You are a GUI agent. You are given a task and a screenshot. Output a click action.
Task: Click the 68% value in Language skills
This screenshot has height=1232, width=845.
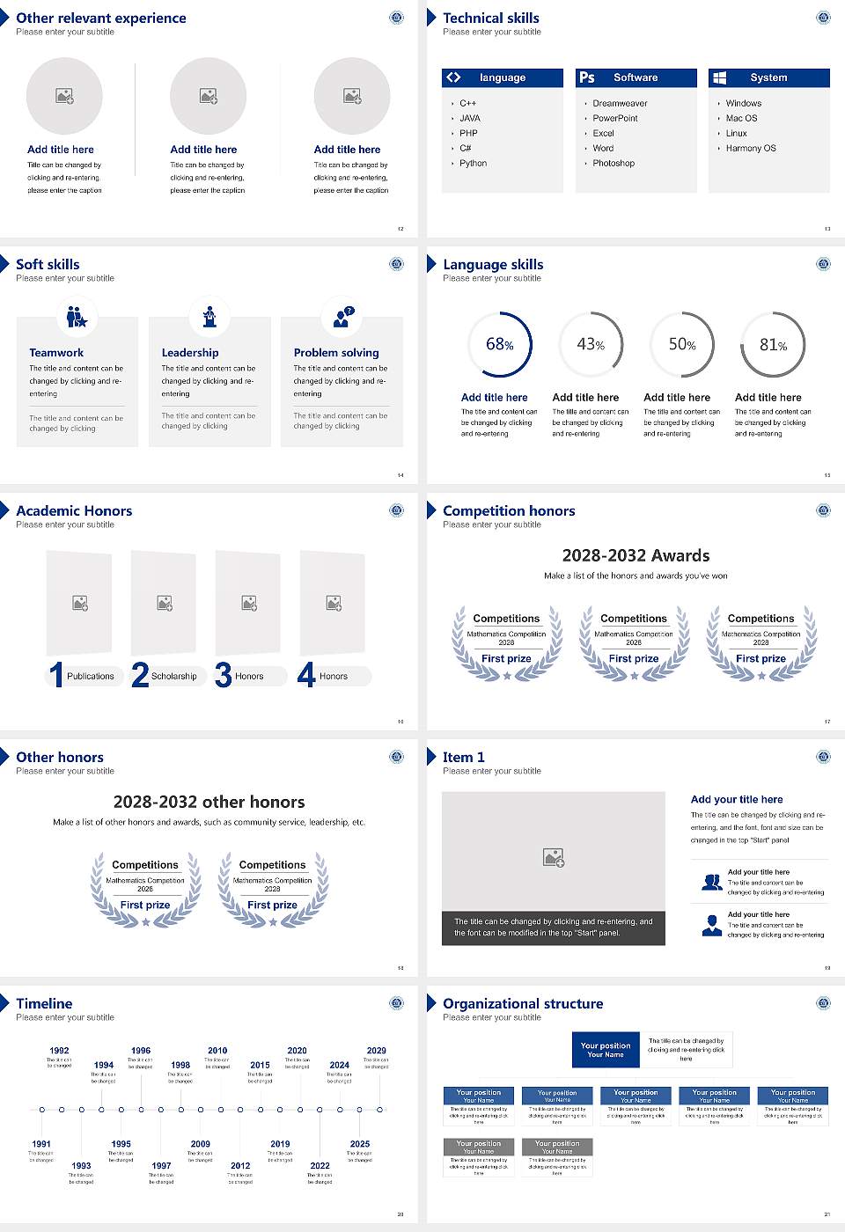499,344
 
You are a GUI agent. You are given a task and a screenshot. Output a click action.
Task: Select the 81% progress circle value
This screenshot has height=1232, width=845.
773,345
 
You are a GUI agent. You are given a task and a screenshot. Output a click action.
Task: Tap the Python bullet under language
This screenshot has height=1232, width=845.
473,163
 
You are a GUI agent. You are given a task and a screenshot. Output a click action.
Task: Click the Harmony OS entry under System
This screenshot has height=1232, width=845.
751,148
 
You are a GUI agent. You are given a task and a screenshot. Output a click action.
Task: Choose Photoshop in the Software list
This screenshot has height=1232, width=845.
614,163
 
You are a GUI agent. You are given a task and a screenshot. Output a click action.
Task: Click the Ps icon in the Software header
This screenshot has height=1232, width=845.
587,77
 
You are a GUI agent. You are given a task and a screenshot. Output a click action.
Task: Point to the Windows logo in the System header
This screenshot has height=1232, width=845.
719,77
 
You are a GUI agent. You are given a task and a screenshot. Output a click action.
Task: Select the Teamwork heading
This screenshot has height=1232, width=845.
56,352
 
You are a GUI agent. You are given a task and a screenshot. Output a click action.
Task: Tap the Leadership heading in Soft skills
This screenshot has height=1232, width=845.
190,352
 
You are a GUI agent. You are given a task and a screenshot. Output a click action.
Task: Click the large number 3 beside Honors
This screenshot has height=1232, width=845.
223,675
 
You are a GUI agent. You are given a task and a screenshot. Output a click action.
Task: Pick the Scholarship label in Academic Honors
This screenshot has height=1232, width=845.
173,676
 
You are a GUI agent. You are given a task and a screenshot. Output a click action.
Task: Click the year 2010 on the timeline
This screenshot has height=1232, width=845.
217,1050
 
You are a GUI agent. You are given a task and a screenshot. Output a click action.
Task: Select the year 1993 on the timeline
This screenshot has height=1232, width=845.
81,1165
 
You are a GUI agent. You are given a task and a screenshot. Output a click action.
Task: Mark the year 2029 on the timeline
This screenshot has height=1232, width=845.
376,1050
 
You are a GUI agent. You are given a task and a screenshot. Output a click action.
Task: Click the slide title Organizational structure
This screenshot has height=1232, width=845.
523,1003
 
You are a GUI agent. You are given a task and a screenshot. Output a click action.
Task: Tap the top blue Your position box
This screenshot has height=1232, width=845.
606,1050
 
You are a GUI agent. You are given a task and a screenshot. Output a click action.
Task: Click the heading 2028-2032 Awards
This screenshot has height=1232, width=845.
636,555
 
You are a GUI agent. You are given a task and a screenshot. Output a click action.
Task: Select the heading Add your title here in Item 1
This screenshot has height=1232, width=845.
737,799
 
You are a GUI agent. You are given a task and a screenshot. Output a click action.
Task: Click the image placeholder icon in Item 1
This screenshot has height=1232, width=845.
554,857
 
